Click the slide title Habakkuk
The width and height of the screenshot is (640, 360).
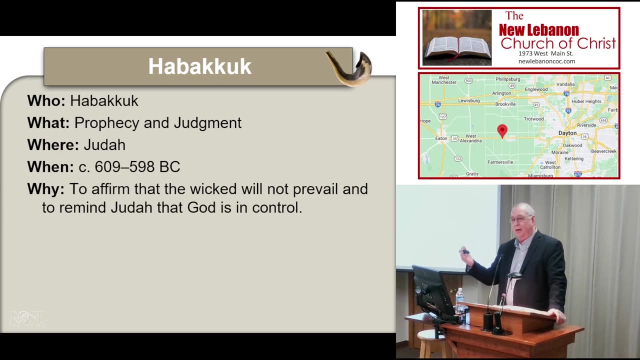click(x=199, y=66)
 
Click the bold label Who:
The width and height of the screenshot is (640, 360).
click(x=46, y=100)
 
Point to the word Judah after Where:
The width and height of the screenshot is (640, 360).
click(x=104, y=144)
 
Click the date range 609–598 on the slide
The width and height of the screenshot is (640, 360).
click(x=129, y=166)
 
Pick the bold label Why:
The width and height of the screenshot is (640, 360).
click(x=45, y=188)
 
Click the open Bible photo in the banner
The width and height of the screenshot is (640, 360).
click(x=456, y=38)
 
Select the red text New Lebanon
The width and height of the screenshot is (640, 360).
click(x=538, y=30)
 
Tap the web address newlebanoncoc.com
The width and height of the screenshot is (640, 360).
click(x=546, y=61)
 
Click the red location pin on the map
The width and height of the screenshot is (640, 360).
click(x=502, y=131)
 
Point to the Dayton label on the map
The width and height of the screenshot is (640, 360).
click(x=567, y=133)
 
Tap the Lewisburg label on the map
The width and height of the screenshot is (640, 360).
click(x=468, y=100)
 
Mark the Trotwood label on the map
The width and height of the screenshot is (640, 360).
click(x=533, y=119)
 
